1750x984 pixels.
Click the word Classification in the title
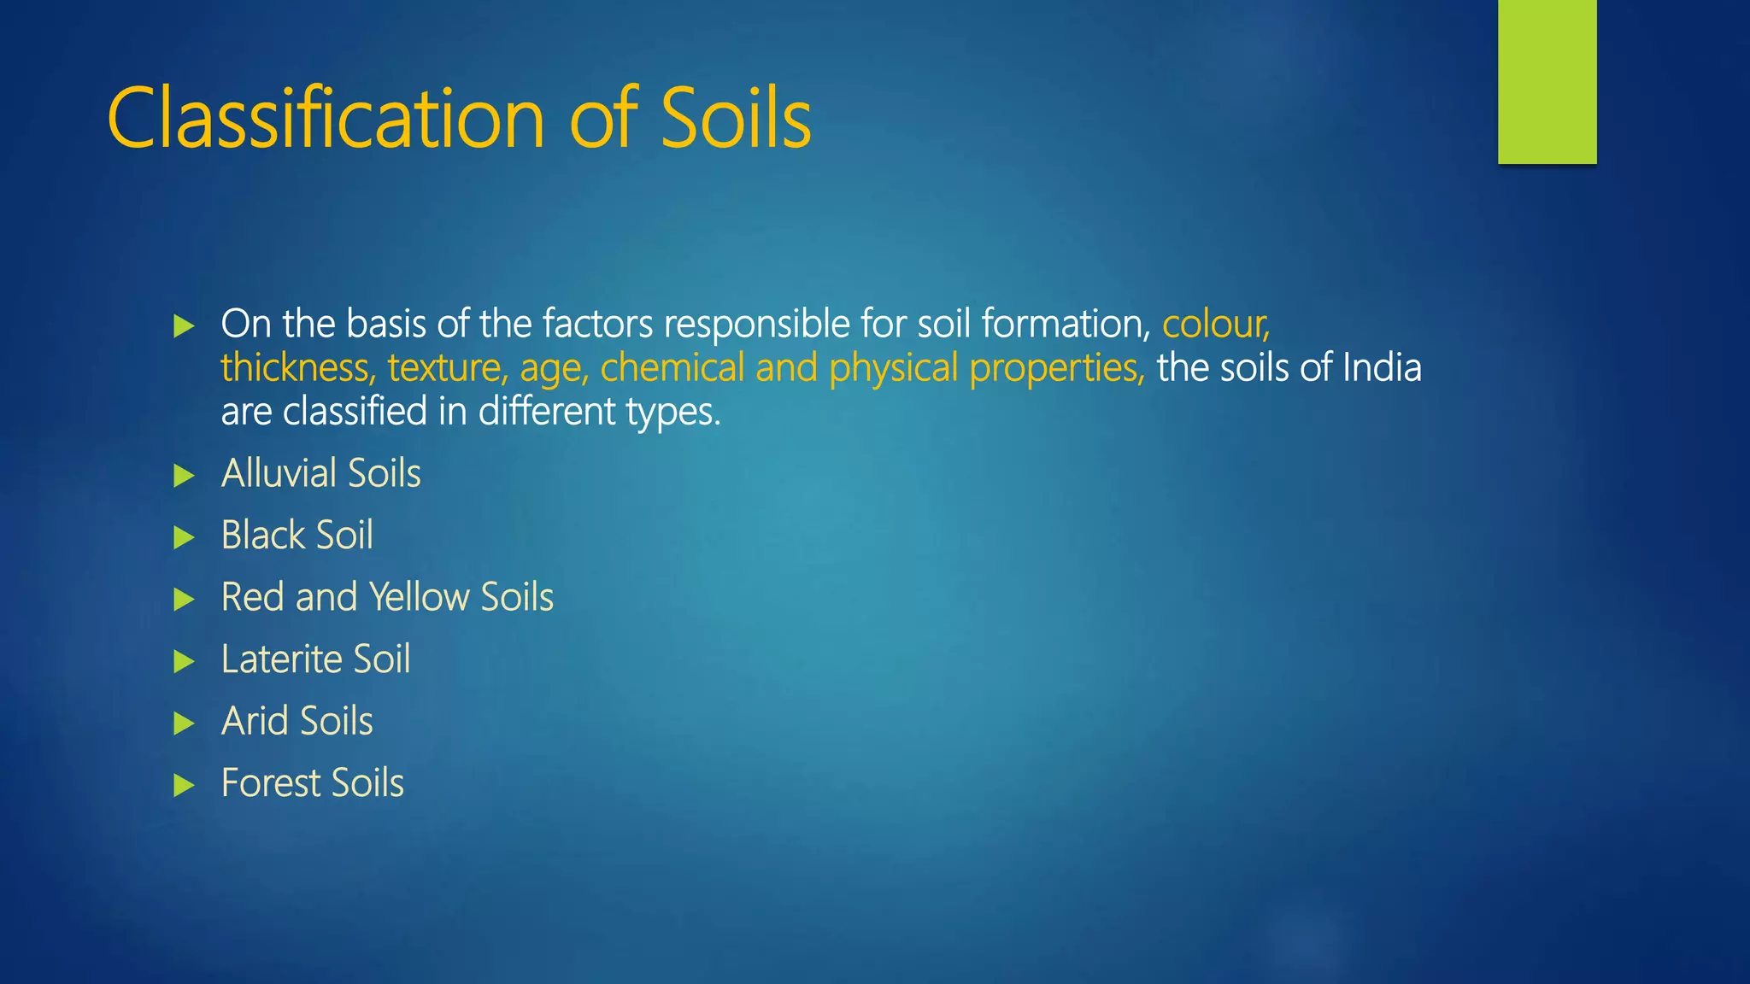click(x=326, y=119)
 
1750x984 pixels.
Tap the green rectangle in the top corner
click(x=1547, y=81)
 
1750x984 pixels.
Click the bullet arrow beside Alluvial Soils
click(x=184, y=476)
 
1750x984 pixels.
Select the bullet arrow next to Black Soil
click(x=184, y=537)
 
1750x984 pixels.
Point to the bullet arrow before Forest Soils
click(x=184, y=785)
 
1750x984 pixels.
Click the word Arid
click(x=254, y=721)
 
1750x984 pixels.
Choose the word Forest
click(x=270, y=783)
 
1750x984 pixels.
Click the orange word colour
click(x=1215, y=325)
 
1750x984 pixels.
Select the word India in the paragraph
click(x=1382, y=368)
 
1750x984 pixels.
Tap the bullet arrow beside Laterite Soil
click(x=184, y=661)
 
